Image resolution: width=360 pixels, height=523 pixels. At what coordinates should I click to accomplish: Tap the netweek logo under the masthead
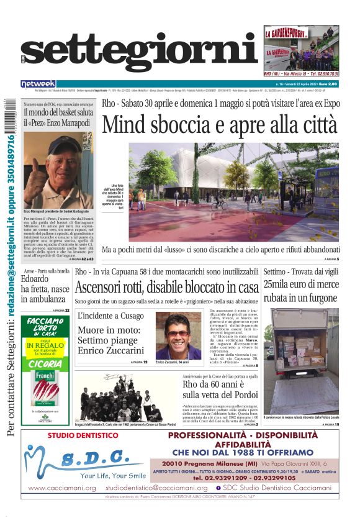pyautogui.click(x=38, y=83)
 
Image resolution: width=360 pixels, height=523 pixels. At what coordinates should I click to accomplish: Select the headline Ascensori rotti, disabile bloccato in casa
pyautogui.click(x=166, y=288)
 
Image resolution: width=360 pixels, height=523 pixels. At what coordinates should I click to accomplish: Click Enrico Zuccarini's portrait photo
pyautogui.click(x=178, y=335)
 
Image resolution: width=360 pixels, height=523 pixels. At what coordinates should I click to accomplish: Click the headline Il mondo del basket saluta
pyautogui.click(x=58, y=117)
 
